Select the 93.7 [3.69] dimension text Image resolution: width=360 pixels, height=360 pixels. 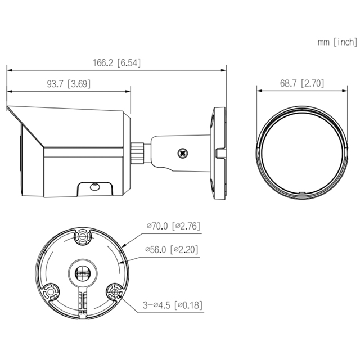pos(68,84)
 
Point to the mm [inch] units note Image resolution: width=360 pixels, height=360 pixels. pos(337,42)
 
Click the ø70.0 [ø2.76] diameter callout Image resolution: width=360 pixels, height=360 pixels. pos(173,226)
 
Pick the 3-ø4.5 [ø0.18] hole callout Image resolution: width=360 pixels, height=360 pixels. pos(172,305)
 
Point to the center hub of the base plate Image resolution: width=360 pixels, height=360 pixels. pos(83,272)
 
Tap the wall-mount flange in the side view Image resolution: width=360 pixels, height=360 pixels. pos(217,151)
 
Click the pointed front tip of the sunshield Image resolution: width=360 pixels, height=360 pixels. pos(7,107)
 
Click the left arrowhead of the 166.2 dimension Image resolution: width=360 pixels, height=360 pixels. pos(8,70)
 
